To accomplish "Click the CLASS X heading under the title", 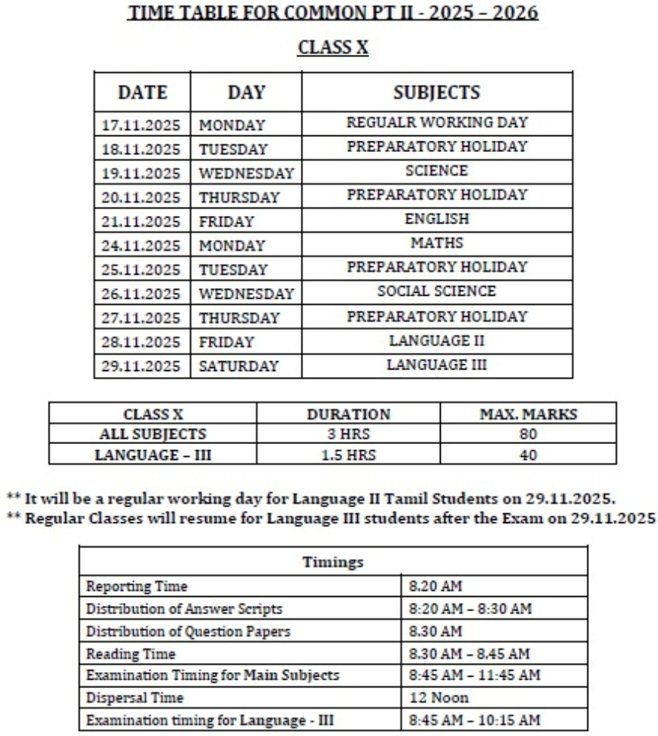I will [333, 47].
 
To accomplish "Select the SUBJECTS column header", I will [437, 93].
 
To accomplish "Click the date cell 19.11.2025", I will [141, 173].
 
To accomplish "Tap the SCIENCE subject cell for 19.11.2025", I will [437, 170].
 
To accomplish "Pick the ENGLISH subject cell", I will [437, 219].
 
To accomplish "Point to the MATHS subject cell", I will [437, 243].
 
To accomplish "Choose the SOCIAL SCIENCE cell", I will [437, 291].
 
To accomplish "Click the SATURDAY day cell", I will [239, 366].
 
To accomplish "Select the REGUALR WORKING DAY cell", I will [437, 122].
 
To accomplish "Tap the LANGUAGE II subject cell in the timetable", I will [437, 341].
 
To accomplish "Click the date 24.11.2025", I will [141, 246].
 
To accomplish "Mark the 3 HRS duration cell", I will [348, 435].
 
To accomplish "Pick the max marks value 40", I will [529, 455].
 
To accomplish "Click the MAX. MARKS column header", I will [529, 415].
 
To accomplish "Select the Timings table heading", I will [333, 563].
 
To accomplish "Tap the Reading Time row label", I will [131, 654].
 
